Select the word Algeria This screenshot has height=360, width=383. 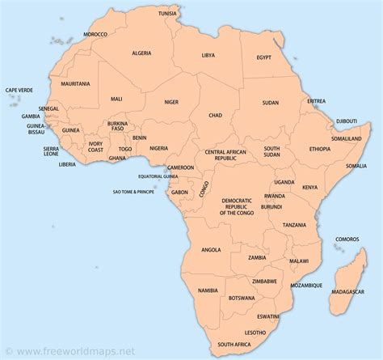pos(142,53)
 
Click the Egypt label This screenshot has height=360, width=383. pos(264,57)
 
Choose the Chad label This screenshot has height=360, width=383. pos(215,116)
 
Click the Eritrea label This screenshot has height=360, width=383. pos(316,101)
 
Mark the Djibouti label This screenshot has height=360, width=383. pos(347,121)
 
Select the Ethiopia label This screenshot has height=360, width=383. pos(319,149)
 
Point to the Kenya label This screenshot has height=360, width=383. pos(309,188)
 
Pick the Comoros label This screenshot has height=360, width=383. pos(347,239)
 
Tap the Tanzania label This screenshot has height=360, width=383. pos(294,224)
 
